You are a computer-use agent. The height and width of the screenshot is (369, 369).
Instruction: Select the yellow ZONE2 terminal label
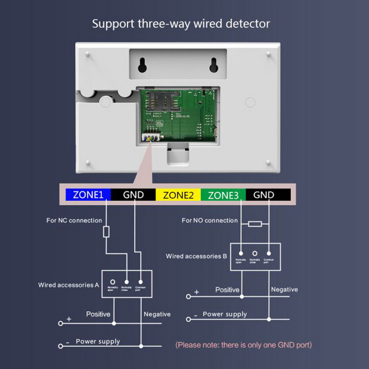(x=178, y=195)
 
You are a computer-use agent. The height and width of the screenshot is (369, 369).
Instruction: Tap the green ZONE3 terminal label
(x=223, y=195)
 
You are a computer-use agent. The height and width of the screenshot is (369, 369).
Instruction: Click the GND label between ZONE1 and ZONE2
(x=133, y=195)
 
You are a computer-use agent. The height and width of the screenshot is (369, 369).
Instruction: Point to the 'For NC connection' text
(x=74, y=220)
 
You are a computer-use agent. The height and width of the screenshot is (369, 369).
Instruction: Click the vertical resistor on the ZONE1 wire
(x=106, y=232)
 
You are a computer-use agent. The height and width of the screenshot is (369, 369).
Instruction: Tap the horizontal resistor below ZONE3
(x=255, y=224)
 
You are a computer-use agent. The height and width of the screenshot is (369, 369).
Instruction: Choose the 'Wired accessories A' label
(x=69, y=285)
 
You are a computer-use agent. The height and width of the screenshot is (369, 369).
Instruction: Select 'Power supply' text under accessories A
(x=98, y=342)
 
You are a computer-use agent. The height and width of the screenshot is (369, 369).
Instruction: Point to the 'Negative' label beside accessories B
(x=284, y=290)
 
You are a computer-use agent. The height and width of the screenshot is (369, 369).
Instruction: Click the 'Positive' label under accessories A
(x=98, y=314)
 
